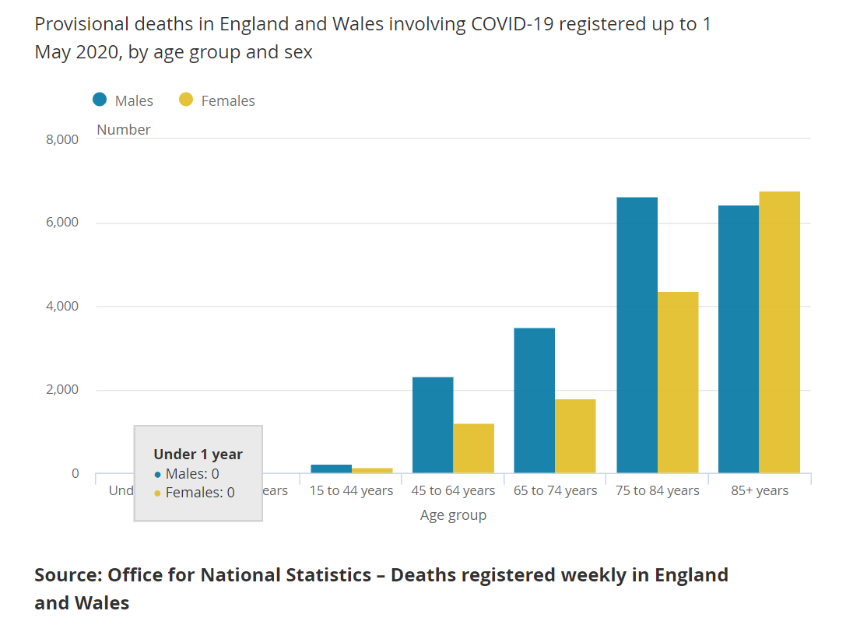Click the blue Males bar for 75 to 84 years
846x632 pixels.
[x=637, y=335]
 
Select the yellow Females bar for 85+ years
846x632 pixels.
[x=779, y=332]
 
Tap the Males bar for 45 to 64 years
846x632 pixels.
[x=433, y=425]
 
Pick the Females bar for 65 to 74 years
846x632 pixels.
[x=575, y=436]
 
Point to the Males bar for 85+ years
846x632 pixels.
[x=739, y=339]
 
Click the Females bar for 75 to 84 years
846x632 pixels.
[x=677, y=382]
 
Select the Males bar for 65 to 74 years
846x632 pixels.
[x=535, y=400]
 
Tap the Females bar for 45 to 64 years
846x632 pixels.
[x=473, y=448]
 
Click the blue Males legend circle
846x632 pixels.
[x=100, y=100]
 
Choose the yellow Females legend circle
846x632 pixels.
[x=186, y=100]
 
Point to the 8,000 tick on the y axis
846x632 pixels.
[x=63, y=140]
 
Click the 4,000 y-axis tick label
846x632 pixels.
[x=63, y=307]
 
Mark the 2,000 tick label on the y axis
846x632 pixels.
[x=63, y=390]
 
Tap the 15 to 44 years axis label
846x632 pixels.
[x=351, y=491]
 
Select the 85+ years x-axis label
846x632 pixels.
[x=759, y=491]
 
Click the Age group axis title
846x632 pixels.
[x=453, y=515]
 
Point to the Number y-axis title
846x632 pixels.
[x=124, y=130]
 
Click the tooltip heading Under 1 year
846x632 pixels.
[x=198, y=455]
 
